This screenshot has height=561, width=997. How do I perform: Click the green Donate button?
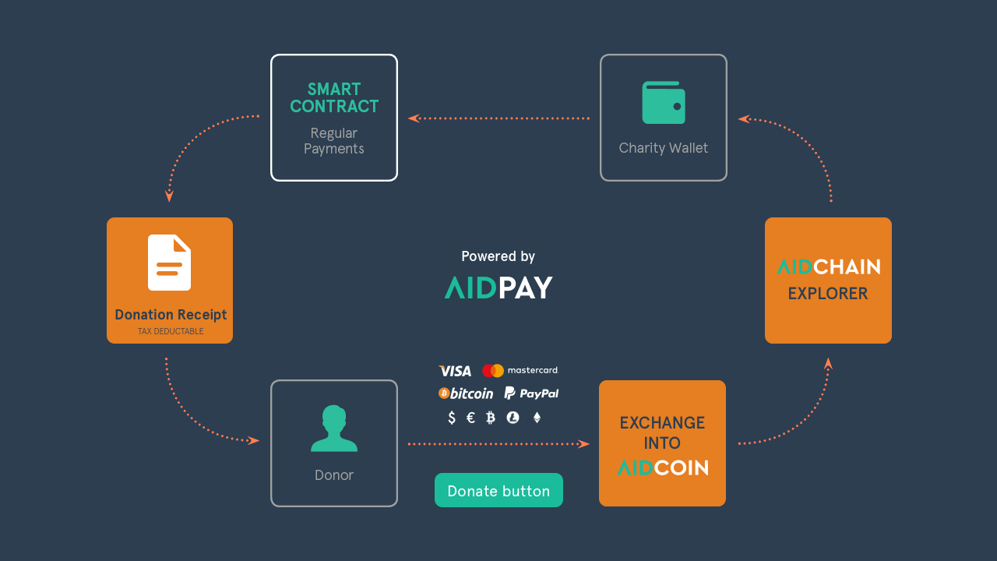click(x=498, y=490)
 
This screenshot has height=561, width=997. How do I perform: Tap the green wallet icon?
click(x=663, y=102)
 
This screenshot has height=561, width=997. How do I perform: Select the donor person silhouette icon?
click(x=334, y=429)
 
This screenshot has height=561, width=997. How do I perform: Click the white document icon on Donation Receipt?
click(x=169, y=263)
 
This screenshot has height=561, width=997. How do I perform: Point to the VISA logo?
click(x=455, y=371)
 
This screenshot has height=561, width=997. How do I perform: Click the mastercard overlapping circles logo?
click(x=493, y=370)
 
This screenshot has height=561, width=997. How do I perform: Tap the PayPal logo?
click(x=531, y=393)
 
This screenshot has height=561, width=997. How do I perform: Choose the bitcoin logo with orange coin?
click(x=466, y=393)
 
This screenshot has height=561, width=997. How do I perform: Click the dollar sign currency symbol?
click(x=452, y=418)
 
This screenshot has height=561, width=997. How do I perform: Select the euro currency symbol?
click(x=470, y=418)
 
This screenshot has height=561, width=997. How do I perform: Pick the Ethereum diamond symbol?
click(x=537, y=418)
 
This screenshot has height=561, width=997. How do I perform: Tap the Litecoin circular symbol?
click(x=513, y=418)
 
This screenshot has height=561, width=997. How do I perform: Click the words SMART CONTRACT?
click(x=334, y=98)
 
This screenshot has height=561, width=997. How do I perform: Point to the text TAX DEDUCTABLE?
click(x=171, y=331)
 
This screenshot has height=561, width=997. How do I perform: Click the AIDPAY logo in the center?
click(x=498, y=288)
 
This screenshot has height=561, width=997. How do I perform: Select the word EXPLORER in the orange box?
click(x=828, y=294)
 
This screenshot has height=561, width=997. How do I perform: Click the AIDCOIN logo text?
click(x=663, y=468)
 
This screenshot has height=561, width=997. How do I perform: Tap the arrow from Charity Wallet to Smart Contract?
click(x=499, y=118)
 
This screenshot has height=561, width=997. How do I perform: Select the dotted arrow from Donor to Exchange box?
click(x=499, y=444)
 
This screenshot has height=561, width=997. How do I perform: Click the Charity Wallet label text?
click(x=663, y=148)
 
